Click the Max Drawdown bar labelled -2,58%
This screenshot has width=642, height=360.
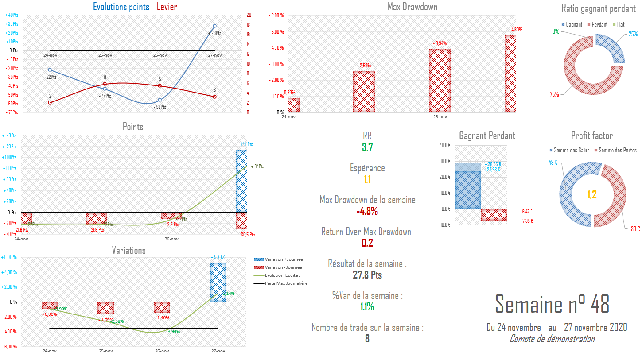364,92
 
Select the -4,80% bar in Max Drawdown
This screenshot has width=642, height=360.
510,74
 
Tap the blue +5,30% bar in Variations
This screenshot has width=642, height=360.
218,282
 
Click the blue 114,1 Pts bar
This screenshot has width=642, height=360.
241,181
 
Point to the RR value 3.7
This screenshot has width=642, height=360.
367,147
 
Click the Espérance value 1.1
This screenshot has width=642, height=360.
367,179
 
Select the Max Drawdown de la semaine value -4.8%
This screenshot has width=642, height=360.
367,211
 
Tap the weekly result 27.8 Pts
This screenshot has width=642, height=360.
367,275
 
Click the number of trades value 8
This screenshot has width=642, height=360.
367,339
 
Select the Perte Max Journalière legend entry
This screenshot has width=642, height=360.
285,283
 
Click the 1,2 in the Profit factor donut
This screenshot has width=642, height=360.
592,194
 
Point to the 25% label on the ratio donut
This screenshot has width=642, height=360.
633,34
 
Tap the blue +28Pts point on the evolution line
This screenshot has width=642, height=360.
214,26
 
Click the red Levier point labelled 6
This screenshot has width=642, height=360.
105,84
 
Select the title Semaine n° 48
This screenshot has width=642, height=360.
552,304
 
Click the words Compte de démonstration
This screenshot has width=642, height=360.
552,339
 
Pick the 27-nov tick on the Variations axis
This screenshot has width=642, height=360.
218,351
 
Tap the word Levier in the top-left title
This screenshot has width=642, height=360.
167,7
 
